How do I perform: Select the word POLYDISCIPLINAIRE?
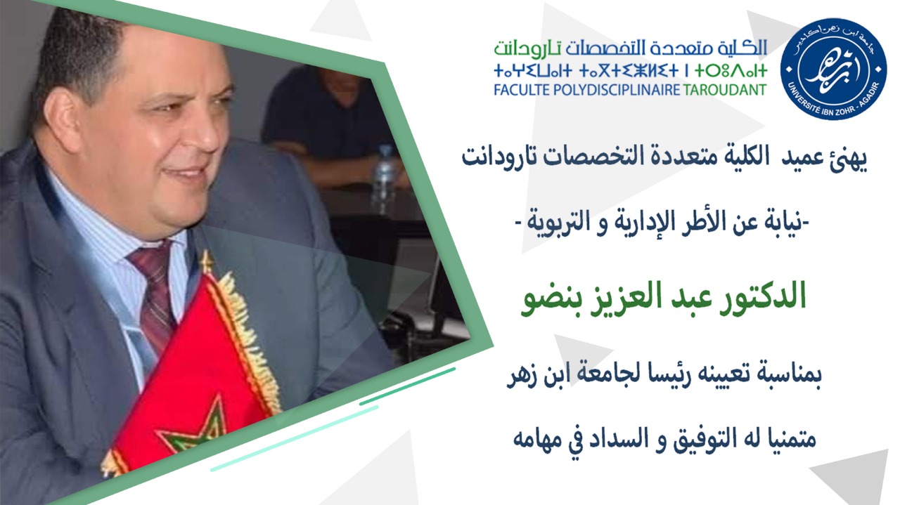[x=617, y=89]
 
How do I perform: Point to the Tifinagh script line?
[x=631, y=71]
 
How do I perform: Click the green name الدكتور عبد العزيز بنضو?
[x=663, y=299]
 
